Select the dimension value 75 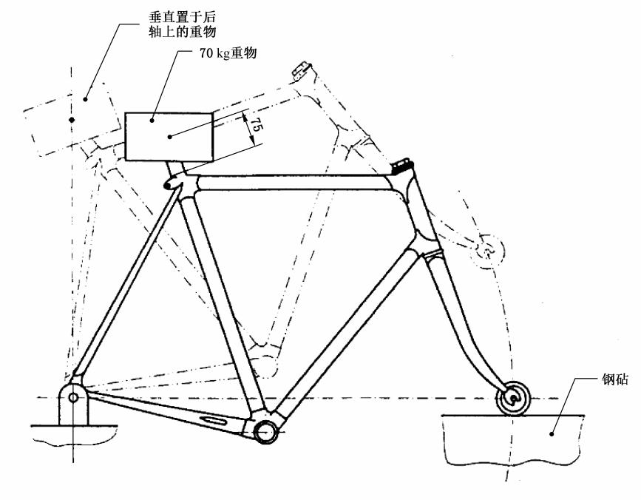pos(255,125)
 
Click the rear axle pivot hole pos(73,397)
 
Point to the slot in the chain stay pos(213,420)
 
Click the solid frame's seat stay pos(126,288)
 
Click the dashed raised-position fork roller pos(489,249)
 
